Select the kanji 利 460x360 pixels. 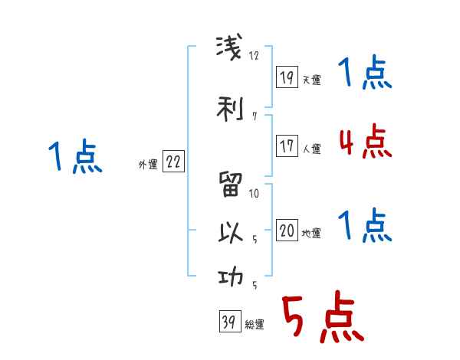click(230, 108)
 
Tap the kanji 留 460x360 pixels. click(230, 185)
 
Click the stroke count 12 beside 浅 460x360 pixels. click(255, 56)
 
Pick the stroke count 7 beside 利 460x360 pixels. click(253, 116)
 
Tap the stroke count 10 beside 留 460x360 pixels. click(255, 193)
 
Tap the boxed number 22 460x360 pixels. click(174, 162)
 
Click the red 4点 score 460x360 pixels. click(363, 142)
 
